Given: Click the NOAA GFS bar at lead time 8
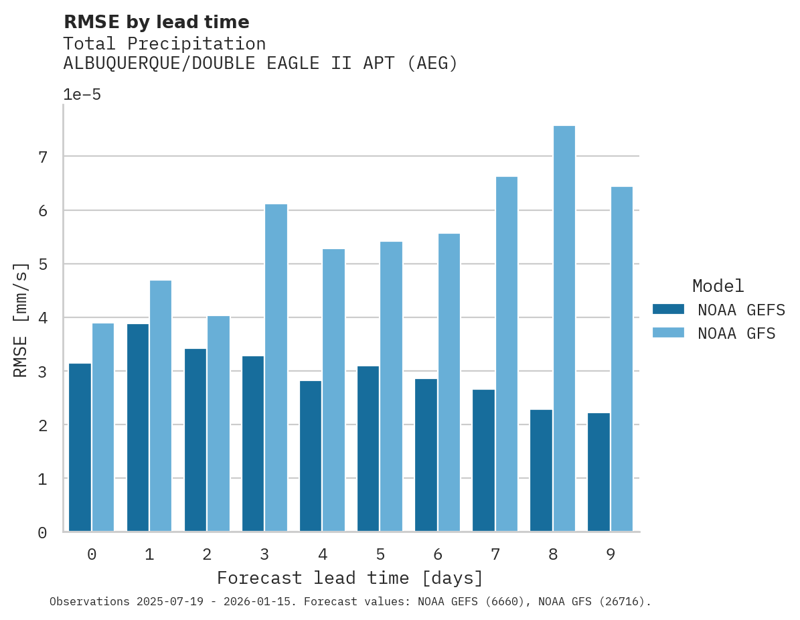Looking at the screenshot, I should tap(564, 329).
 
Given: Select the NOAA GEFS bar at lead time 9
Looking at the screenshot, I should tap(598, 472).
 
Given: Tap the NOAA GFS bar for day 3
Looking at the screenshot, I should tap(276, 368).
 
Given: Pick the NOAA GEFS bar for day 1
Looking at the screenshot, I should tap(138, 428).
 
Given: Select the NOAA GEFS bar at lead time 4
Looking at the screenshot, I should tap(311, 456).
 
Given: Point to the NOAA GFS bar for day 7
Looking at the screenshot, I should tap(506, 354).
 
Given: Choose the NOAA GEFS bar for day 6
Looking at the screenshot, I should tap(426, 455).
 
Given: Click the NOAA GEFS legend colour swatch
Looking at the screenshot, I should tap(668, 309).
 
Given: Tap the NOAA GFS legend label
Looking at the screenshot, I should tap(736, 333).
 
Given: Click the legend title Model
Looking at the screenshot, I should tap(718, 287).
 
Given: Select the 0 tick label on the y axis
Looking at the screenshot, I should tap(42, 533).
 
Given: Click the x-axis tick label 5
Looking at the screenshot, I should tap(380, 554).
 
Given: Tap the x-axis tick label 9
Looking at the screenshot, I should tap(611, 554).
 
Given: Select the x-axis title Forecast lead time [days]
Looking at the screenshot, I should tap(350, 578).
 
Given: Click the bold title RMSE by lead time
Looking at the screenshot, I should tap(157, 22).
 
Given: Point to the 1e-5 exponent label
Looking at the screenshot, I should tap(82, 95).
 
